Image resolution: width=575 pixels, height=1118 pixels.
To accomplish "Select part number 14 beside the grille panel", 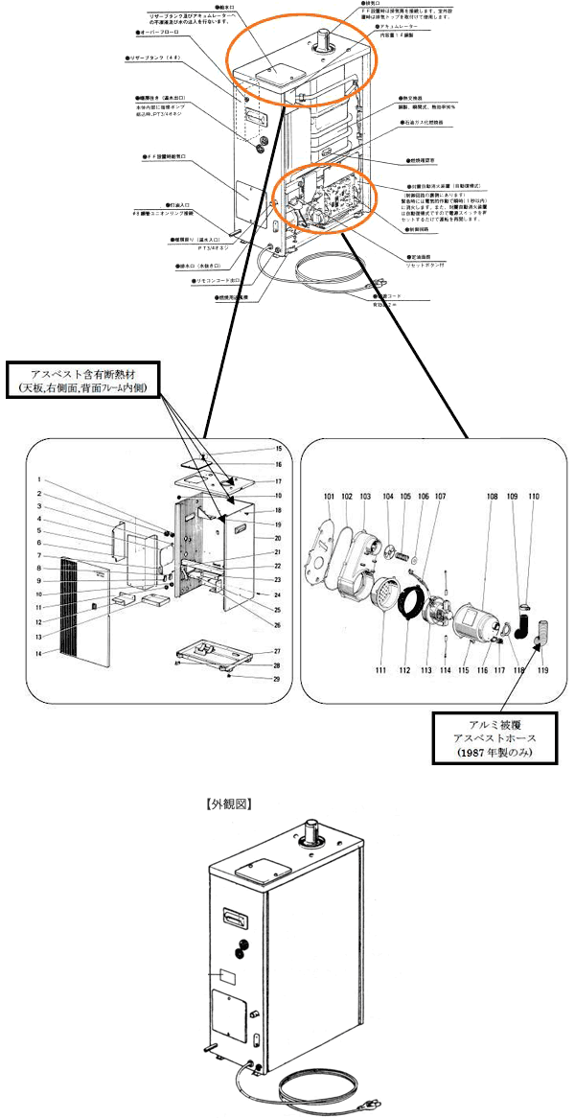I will coord(38,653).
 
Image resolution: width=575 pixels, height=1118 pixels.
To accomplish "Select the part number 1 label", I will coord(38,479).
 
